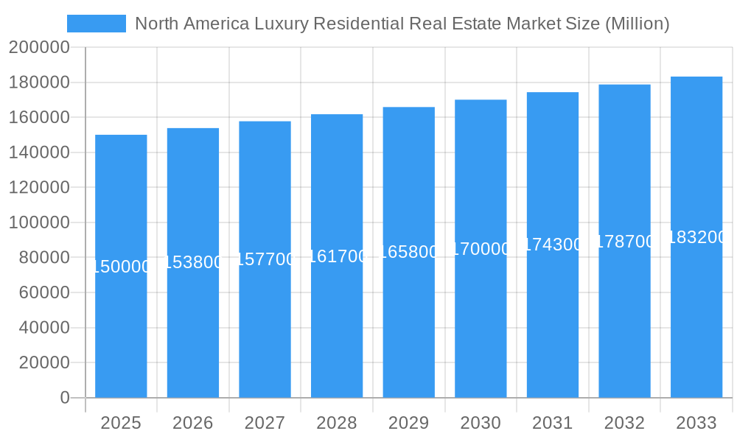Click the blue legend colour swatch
click(96, 24)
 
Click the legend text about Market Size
click(402, 24)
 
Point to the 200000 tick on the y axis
click(39, 48)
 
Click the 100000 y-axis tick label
click(39, 222)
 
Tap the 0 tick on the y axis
click(65, 398)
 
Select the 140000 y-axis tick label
click(39, 152)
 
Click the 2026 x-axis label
click(193, 423)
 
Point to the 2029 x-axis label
click(408, 423)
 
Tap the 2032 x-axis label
click(624, 423)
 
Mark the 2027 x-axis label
click(265, 423)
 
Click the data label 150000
click(121, 267)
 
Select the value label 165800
click(408, 252)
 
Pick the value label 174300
click(553, 245)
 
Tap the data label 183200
click(696, 237)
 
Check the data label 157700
click(265, 259)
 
